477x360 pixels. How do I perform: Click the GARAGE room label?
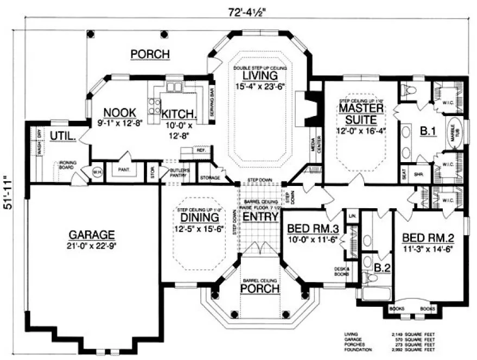pos(92,235)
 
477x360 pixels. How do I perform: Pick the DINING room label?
pos(199,217)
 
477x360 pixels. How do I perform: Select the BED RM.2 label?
pos(427,237)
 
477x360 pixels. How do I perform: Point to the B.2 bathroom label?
pos(381,267)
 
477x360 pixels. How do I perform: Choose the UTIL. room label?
pos(63,136)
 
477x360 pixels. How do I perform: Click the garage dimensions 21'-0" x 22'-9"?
pos(92,245)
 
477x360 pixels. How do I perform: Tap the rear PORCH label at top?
pos(150,54)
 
